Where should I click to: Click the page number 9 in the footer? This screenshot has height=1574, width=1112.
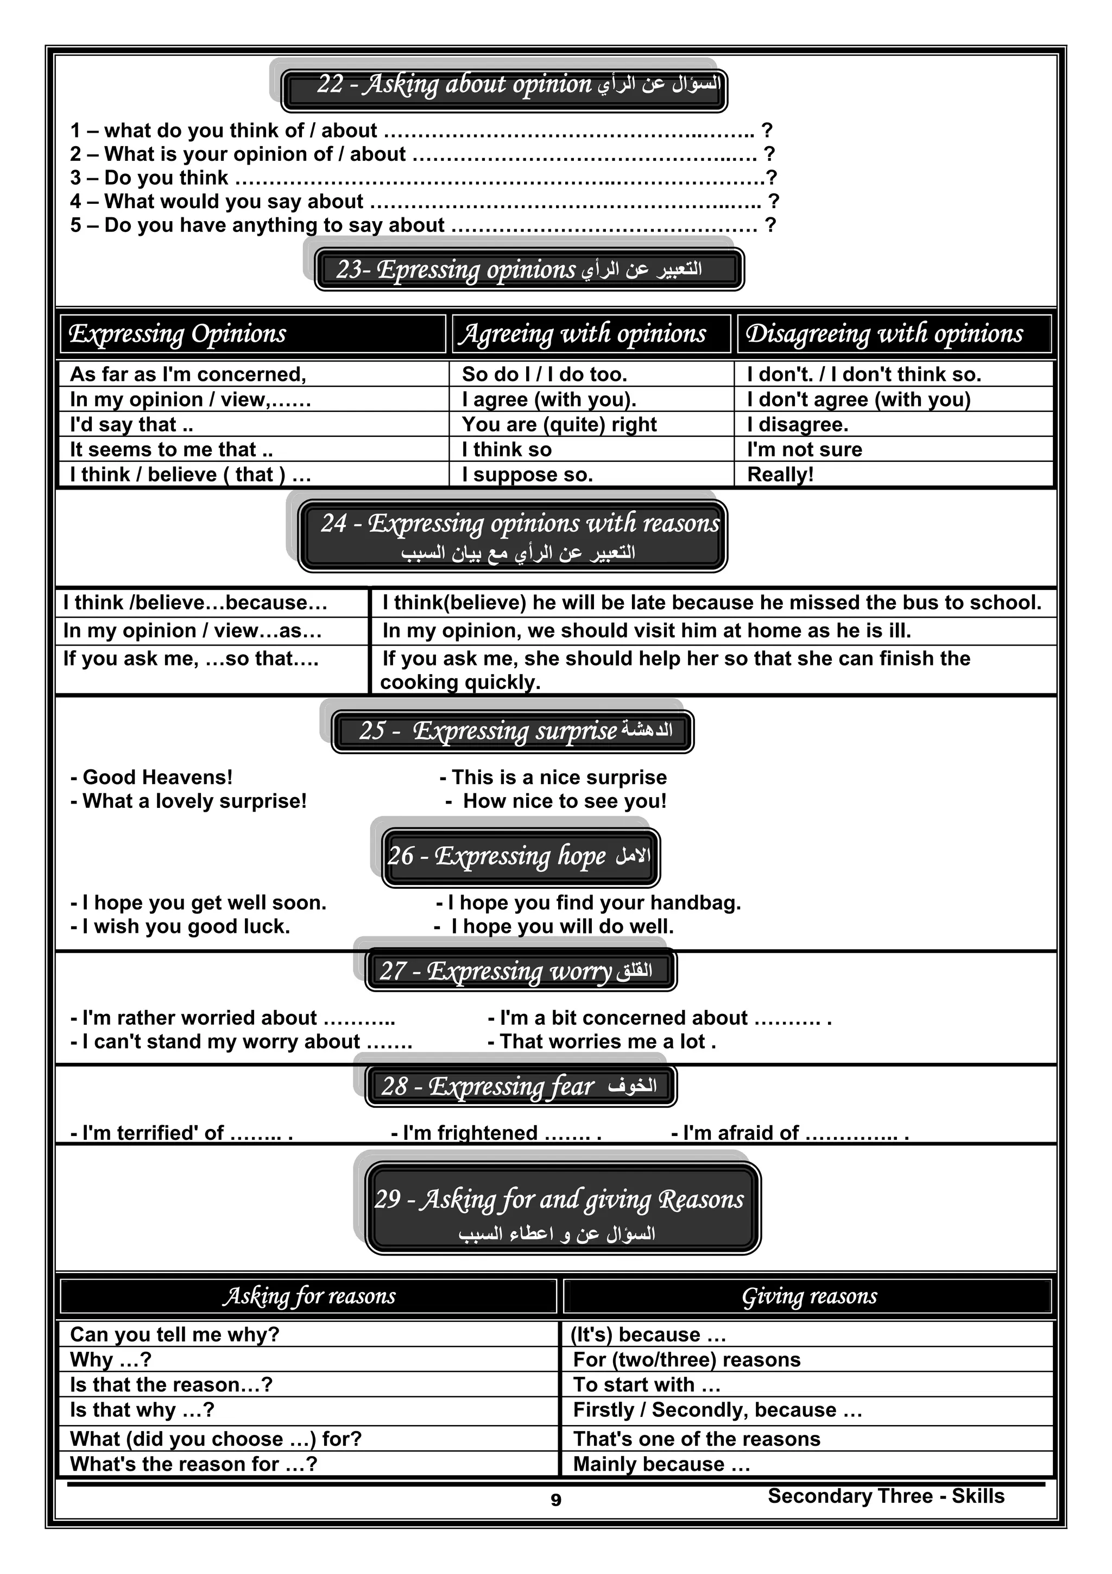(555, 1500)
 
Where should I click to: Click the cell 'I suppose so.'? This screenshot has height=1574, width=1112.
(527, 474)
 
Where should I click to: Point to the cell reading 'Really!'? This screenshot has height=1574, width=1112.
(780, 474)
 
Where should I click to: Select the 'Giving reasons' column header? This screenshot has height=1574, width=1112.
(808, 1296)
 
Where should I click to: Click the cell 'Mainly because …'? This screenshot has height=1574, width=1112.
(661, 1464)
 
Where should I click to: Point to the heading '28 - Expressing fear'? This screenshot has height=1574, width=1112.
(521, 1087)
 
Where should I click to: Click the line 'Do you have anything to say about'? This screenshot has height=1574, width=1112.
(274, 225)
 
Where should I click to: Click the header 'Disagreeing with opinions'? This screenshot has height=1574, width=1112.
(884, 334)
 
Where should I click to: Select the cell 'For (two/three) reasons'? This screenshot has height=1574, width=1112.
(686, 1359)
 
